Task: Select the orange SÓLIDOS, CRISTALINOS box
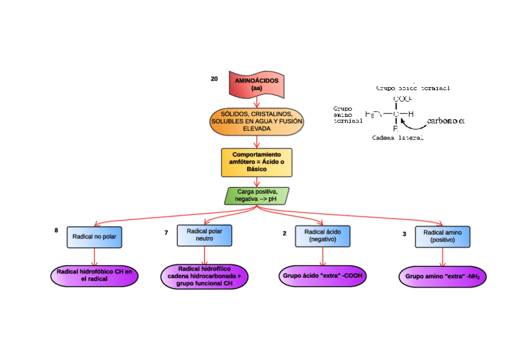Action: (257, 121)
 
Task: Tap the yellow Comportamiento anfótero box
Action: (257, 162)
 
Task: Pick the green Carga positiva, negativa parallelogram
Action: (257, 195)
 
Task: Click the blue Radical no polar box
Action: (94, 237)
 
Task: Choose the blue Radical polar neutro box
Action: (204, 235)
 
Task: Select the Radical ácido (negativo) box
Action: (322, 236)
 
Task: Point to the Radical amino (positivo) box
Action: (443, 236)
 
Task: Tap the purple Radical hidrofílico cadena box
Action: (204, 276)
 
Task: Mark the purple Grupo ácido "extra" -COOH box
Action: (323, 276)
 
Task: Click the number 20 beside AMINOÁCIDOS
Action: (215, 79)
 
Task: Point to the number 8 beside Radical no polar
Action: (57, 230)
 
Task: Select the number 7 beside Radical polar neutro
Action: (166, 233)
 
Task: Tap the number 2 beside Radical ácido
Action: (284, 234)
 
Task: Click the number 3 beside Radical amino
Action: (404, 234)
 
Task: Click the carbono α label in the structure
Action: (446, 121)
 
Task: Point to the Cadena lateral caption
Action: (398, 138)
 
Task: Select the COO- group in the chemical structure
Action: (402, 99)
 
